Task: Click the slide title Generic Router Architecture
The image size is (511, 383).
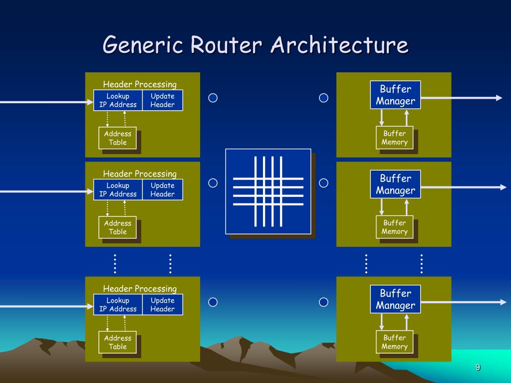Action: click(x=255, y=45)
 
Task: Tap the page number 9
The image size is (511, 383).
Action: click(x=478, y=368)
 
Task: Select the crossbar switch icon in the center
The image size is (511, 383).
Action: click(x=268, y=191)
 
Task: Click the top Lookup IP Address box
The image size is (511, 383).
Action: click(x=118, y=100)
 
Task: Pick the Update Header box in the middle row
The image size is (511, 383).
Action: click(x=163, y=190)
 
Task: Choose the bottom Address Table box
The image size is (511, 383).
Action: click(x=118, y=342)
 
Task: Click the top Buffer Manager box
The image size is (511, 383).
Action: click(x=395, y=95)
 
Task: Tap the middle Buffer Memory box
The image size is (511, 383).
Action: click(x=394, y=227)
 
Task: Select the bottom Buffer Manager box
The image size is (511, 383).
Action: click(x=395, y=299)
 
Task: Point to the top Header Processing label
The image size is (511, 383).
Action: click(x=140, y=84)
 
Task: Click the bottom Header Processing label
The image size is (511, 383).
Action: click(x=140, y=289)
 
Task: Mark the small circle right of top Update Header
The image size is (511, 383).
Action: click(x=213, y=98)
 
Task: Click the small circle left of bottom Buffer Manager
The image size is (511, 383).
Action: click(x=323, y=302)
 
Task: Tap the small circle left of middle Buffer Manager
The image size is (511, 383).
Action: click(x=323, y=183)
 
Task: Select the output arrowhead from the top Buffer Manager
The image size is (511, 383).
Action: click(x=499, y=98)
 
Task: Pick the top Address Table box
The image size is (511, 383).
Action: click(x=118, y=138)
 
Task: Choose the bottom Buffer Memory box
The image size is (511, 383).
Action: click(x=394, y=342)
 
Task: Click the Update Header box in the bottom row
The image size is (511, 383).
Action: click(x=163, y=305)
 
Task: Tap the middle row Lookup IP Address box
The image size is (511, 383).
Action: click(x=118, y=190)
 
